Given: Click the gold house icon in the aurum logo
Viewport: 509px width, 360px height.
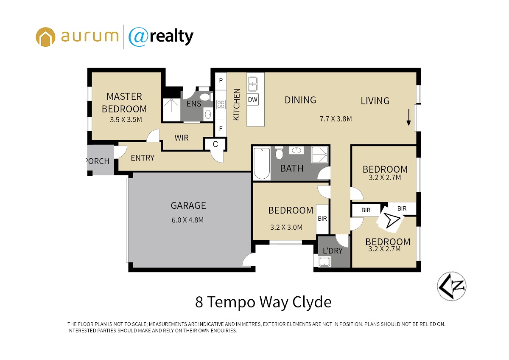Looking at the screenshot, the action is point(45,37).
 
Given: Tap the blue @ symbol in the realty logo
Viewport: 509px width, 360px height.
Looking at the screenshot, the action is point(138,37).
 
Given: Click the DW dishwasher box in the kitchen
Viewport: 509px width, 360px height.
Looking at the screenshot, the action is point(252,99).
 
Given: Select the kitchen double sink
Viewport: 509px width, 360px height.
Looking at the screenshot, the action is point(252,84).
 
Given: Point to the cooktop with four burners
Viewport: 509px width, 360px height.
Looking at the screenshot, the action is point(221,104).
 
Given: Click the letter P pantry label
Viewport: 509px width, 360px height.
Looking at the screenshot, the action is point(221,80).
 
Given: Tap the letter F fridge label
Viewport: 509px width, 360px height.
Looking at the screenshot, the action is point(221,129).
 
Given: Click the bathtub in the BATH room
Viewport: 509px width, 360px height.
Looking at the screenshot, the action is point(262,163).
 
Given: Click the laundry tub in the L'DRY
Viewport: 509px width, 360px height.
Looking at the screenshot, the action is point(324,262).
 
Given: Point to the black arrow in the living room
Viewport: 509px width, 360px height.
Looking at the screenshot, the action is point(408,117).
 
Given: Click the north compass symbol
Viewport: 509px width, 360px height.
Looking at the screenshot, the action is point(451,286).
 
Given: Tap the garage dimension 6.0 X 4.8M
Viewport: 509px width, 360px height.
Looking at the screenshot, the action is point(187,220).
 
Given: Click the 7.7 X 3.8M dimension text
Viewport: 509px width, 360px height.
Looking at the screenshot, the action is point(336,119).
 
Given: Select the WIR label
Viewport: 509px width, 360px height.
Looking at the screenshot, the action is point(182,138).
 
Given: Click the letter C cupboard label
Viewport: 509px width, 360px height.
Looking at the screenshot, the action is point(215,144).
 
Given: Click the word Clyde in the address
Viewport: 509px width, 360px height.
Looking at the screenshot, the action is point(312,302).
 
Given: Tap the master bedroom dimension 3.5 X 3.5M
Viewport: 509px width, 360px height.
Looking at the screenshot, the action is point(126,120).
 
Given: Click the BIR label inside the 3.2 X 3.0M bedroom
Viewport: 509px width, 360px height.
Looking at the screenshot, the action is point(322,219).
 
